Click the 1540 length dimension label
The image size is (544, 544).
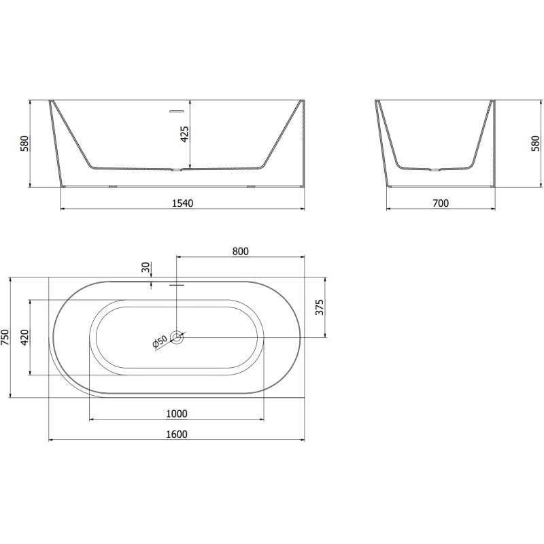click(x=182, y=203)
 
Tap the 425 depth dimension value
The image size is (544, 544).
click(x=185, y=134)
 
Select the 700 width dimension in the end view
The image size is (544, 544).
click(x=441, y=203)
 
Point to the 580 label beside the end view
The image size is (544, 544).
click(x=535, y=143)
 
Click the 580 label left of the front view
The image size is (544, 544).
click(x=24, y=143)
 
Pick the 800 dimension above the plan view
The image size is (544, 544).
click(x=241, y=251)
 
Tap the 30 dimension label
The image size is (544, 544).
click(x=146, y=267)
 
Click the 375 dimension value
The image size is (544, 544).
click(x=319, y=307)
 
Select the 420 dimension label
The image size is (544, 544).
click(x=24, y=337)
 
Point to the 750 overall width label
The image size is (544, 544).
click(x=5, y=337)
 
